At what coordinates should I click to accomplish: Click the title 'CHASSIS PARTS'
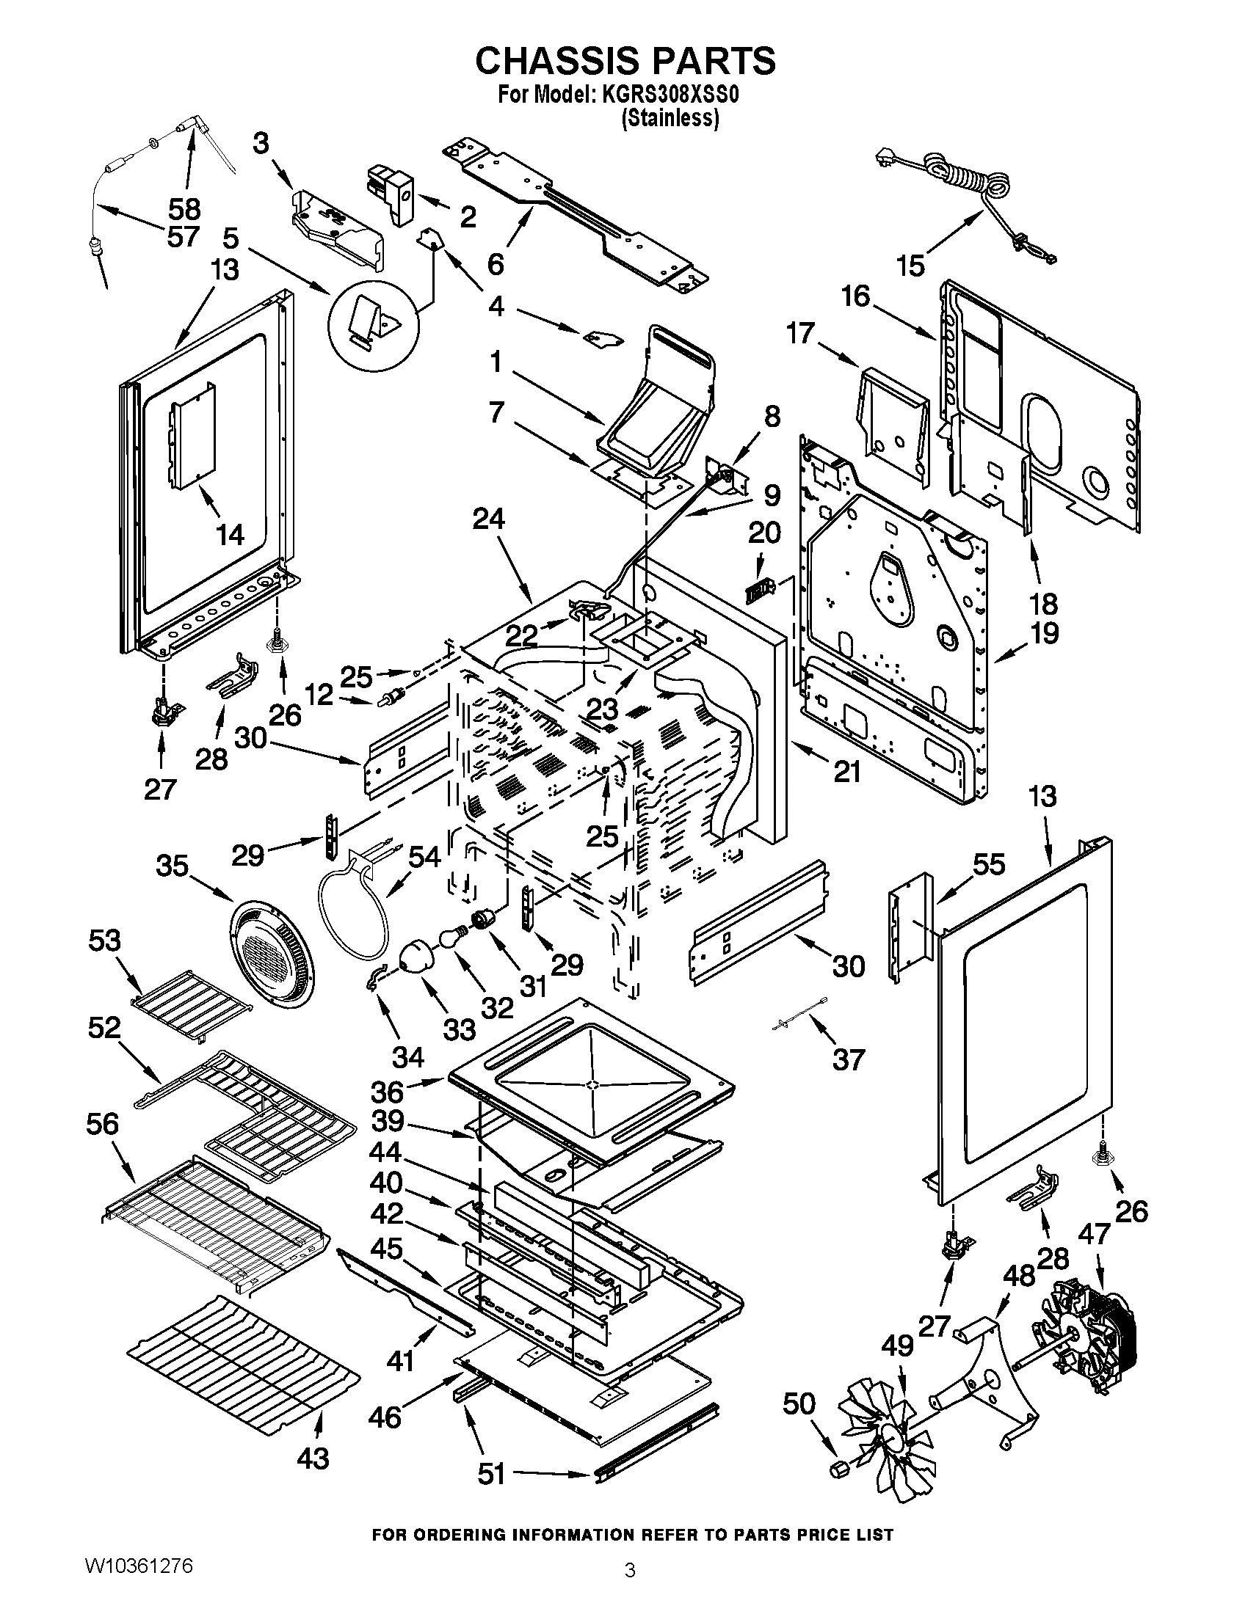point(625,61)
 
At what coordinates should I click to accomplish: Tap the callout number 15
point(911,266)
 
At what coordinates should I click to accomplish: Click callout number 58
point(184,209)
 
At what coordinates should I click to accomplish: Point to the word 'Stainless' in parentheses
point(670,118)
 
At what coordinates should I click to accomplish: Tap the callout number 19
point(1044,633)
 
